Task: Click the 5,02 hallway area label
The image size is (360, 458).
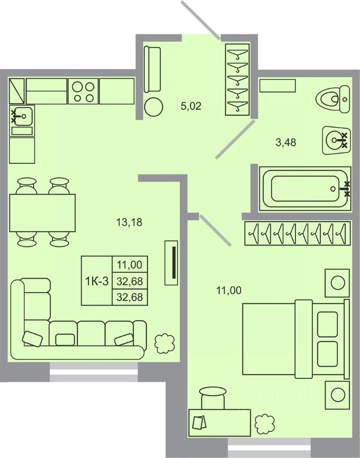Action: pyautogui.click(x=191, y=106)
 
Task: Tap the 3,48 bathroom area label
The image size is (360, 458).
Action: pyautogui.click(x=286, y=143)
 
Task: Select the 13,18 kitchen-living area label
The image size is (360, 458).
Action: pyautogui.click(x=129, y=222)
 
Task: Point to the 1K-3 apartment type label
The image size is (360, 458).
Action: pyautogui.click(x=97, y=281)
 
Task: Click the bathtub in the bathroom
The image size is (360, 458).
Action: pyautogui.click(x=305, y=189)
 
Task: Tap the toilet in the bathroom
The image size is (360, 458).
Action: pyautogui.click(x=333, y=99)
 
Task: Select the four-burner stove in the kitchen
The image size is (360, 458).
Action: pyautogui.click(x=83, y=91)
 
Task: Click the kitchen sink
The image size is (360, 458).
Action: pyautogui.click(x=22, y=116)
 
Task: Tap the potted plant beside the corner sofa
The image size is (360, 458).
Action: pyautogui.click(x=165, y=343)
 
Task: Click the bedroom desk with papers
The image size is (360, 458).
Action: pyautogui.click(x=220, y=423)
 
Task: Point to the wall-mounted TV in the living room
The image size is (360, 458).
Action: pyautogui.click(x=171, y=262)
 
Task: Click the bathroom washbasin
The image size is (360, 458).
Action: pyautogui.click(x=336, y=140)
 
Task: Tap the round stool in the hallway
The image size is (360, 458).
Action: pyautogui.click(x=153, y=107)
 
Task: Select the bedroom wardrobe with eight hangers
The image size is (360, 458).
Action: pyautogui.click(x=297, y=233)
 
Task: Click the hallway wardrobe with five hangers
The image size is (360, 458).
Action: pyautogui.click(x=237, y=80)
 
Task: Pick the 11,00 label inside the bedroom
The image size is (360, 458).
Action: pyautogui.click(x=229, y=291)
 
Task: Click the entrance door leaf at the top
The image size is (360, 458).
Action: pyautogui.click(x=201, y=20)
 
